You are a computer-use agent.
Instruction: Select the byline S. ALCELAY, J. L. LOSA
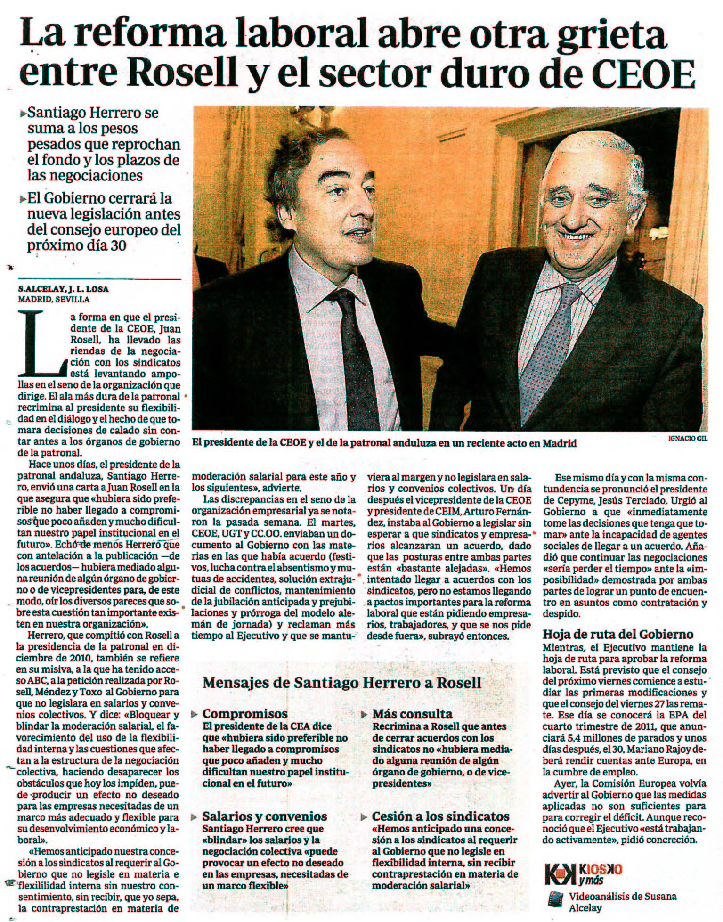click(63, 289)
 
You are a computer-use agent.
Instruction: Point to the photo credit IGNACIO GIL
click(688, 438)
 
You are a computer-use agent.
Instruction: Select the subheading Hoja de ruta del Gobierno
click(618, 634)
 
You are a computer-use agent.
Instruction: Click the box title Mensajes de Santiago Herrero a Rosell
click(342, 683)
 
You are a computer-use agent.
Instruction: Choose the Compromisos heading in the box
click(245, 713)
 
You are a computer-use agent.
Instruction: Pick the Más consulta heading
click(412, 713)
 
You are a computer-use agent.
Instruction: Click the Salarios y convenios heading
click(264, 816)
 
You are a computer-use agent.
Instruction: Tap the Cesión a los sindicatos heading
click(440, 816)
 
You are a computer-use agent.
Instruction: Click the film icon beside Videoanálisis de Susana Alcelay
click(555, 899)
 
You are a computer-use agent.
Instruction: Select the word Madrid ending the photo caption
click(560, 443)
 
